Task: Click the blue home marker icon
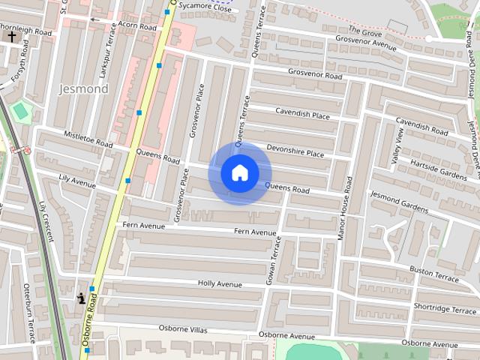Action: [239, 172]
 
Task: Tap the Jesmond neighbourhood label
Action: [83, 88]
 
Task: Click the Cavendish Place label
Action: [302, 115]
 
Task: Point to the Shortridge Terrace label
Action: [445, 307]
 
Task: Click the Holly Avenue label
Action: [220, 284]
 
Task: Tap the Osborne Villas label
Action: [182, 328]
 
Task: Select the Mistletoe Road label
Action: [88, 139]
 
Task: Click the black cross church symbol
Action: [11, 35]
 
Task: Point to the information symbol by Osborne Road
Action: [81, 298]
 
